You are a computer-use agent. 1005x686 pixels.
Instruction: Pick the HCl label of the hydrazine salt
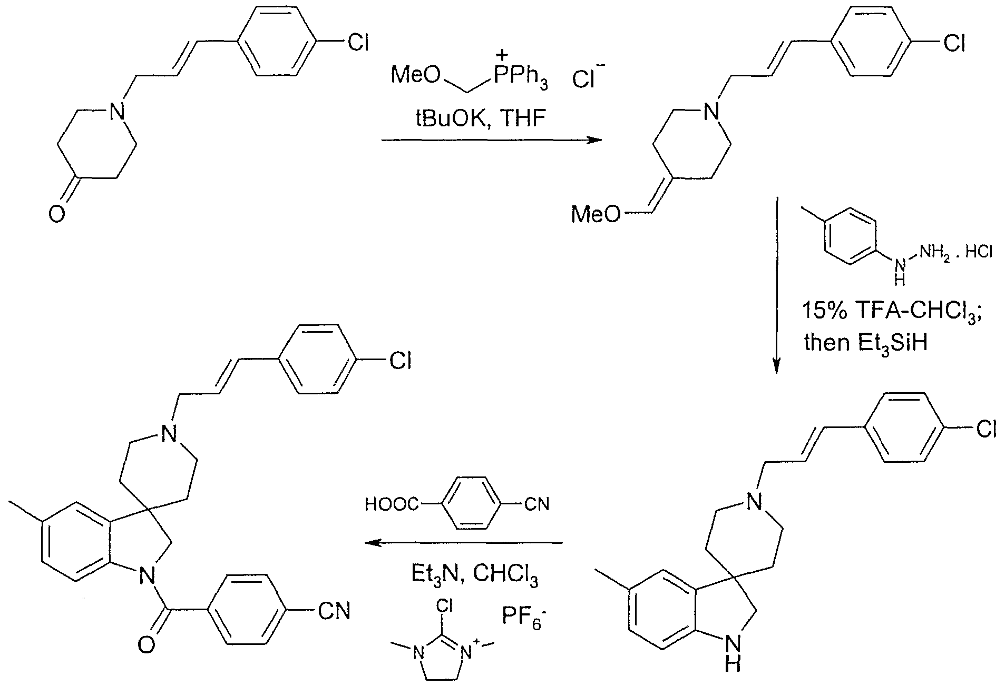click(979, 253)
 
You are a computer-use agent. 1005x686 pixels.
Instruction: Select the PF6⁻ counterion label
click(522, 615)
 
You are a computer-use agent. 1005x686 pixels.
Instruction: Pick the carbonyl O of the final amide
click(145, 644)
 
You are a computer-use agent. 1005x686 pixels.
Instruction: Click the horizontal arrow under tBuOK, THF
click(491, 141)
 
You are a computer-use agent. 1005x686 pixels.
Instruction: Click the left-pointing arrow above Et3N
click(464, 542)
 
